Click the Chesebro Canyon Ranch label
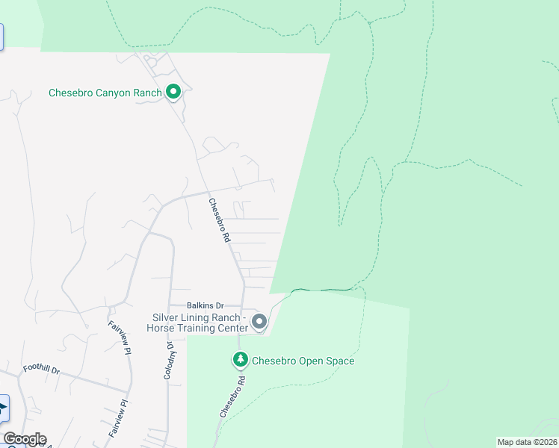point(105,93)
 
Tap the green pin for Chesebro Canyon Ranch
point(173,92)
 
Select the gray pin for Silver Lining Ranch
point(259,322)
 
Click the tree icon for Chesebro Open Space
point(241,361)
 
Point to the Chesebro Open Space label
point(303,361)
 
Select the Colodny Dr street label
point(168,361)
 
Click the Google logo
point(25,439)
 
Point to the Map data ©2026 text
point(527,442)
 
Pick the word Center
point(232,327)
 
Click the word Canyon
point(118,93)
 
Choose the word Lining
point(196,317)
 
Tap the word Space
point(340,361)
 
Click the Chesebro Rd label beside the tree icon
point(232,396)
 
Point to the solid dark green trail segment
point(321,290)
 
